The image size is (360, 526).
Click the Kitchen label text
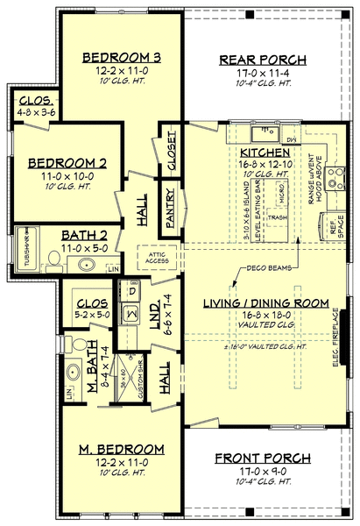coord(263,153)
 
